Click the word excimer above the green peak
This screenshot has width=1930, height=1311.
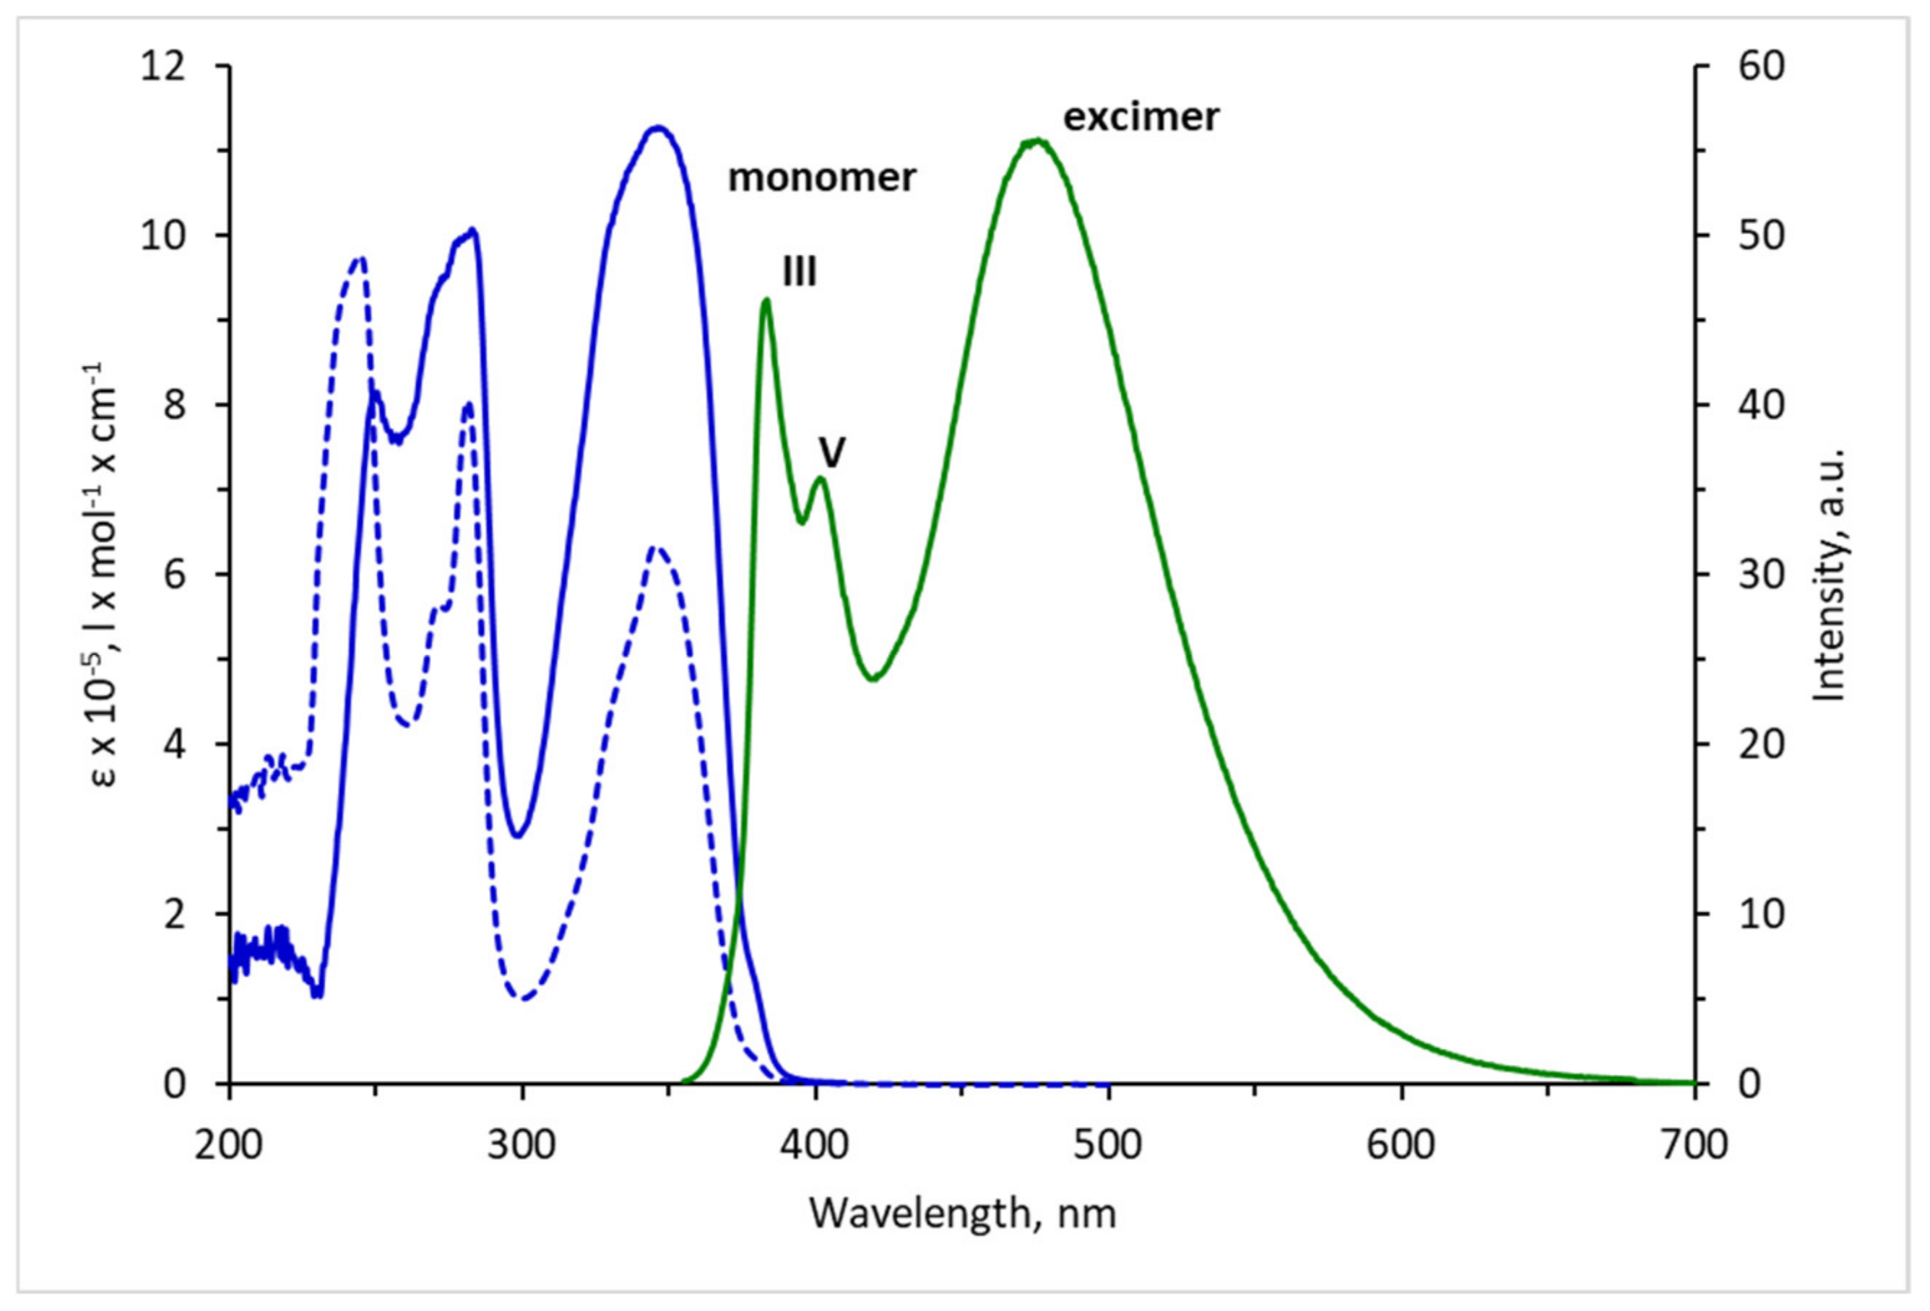point(1141,117)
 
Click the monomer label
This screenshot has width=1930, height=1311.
point(821,178)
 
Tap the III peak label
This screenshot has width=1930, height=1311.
point(800,271)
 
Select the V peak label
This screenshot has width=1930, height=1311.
point(832,453)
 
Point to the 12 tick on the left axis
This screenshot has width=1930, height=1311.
point(163,66)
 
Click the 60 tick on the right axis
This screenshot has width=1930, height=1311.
point(1760,66)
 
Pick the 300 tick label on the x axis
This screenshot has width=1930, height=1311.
point(522,1145)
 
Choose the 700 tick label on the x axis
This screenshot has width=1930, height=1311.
point(1694,1145)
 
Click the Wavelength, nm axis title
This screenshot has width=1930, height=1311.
point(963,1214)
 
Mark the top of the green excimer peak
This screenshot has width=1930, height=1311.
point(1035,142)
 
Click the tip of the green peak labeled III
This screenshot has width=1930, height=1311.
point(766,300)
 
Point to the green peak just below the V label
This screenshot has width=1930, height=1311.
point(821,478)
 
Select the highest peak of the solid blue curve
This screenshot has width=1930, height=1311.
point(658,128)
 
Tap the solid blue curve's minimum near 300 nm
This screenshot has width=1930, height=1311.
point(518,835)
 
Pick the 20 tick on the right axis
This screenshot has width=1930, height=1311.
point(1760,744)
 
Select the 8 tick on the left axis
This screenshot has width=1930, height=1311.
point(173,405)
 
